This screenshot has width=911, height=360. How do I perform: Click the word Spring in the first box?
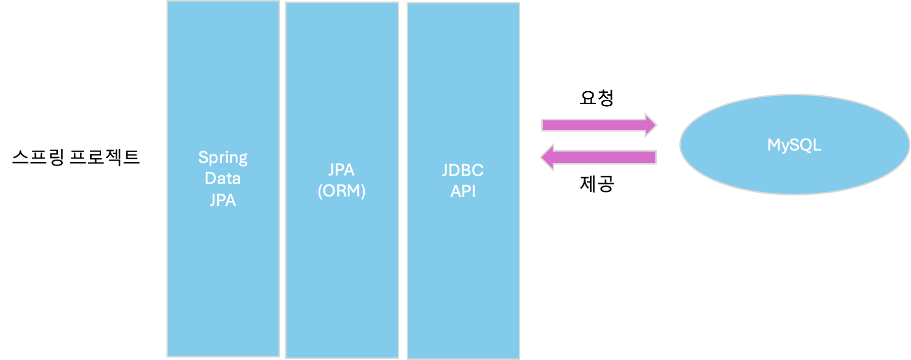click(x=223, y=158)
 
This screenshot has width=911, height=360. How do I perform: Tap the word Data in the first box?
click(x=223, y=179)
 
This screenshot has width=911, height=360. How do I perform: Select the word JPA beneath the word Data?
click(x=223, y=200)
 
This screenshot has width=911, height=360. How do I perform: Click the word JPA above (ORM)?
click(x=341, y=170)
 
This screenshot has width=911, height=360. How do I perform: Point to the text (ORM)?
click(x=341, y=190)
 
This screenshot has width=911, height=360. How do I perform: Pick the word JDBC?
click(x=462, y=170)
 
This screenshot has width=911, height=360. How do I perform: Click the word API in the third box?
click(x=463, y=191)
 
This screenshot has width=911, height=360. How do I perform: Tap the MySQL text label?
click(x=794, y=145)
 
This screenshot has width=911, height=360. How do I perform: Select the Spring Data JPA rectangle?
click(x=223, y=274)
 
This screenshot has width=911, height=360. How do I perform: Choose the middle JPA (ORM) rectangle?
click(x=341, y=274)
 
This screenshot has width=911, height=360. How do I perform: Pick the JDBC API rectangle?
click(x=463, y=274)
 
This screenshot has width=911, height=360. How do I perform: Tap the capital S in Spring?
click(x=203, y=157)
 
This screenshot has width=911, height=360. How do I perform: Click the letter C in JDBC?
click(x=477, y=170)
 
